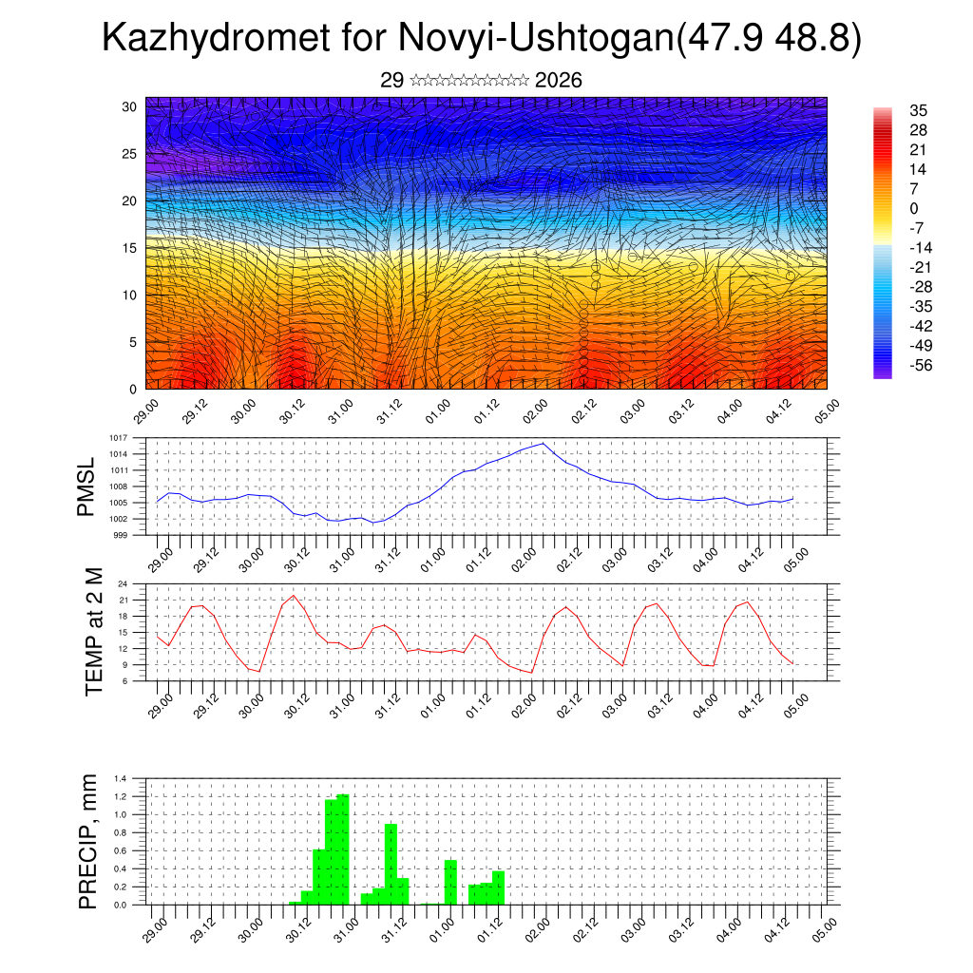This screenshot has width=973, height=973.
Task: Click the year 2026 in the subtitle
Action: click(558, 81)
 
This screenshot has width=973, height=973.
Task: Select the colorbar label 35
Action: click(918, 110)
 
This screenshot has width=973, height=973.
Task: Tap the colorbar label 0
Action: click(914, 208)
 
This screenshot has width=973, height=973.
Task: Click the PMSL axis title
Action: click(87, 486)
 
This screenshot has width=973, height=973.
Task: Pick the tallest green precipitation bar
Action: click(343, 849)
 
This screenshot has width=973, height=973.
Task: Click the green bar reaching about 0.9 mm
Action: click(391, 864)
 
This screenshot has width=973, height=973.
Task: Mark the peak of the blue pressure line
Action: click(544, 444)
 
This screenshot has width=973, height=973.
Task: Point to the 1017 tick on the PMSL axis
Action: click(120, 438)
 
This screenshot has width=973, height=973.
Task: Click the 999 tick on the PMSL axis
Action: click(122, 535)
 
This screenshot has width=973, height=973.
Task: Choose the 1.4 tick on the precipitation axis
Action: click(121, 778)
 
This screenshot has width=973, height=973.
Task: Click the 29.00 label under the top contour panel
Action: click(145, 410)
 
